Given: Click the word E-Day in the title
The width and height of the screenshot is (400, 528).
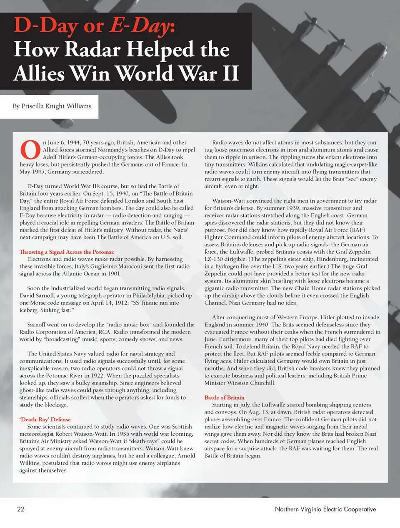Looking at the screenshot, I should [x=140, y=26].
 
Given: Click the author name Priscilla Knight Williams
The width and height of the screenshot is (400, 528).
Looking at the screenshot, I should [x=52, y=106].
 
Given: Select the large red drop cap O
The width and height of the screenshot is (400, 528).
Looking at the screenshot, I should [x=30, y=150].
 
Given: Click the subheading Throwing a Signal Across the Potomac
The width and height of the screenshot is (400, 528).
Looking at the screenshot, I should [x=67, y=252].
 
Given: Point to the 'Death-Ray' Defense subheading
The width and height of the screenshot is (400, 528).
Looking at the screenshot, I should [x=45, y=419].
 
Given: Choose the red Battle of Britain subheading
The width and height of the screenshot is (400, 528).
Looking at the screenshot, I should [x=224, y=397].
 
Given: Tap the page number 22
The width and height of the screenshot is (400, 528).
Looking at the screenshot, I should [x=21, y=509].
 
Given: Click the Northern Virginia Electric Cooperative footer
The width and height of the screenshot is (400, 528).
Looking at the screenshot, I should [x=325, y=509].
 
